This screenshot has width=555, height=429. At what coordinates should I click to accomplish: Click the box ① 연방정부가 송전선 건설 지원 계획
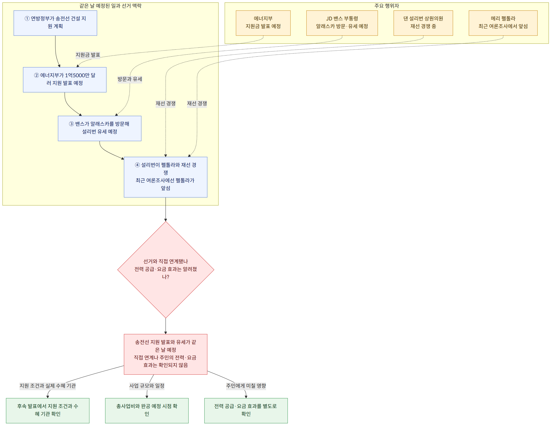coord(55,23)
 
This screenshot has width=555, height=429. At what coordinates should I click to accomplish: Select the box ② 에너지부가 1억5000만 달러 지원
coord(64,80)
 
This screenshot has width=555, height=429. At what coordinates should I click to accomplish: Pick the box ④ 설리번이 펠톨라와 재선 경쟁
coord(165,177)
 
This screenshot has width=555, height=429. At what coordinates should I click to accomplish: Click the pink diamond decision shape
coord(166,270)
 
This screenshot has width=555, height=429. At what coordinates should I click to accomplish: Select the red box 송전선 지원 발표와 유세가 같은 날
coord(165,354)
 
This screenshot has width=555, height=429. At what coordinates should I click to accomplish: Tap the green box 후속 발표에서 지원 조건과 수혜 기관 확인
coord(48,411)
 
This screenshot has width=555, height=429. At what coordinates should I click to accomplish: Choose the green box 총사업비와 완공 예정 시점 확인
coord(147,411)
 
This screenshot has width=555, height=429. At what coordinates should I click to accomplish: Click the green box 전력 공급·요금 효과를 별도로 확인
coord(246,411)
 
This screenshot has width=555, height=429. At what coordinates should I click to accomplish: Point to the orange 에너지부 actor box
coord(263,23)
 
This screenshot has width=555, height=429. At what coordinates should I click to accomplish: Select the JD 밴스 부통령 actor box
coord(342,23)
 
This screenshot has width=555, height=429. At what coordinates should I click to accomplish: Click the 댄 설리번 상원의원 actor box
coord(423,23)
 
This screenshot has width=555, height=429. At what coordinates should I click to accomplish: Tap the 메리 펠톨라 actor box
coord(503,23)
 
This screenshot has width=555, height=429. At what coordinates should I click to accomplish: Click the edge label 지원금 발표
coord(88,55)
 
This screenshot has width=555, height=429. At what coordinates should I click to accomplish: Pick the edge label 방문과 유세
coord(130,79)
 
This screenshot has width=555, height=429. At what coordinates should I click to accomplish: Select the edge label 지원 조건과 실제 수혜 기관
coord(48,386)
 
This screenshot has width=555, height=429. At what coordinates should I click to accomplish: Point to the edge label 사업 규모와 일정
coord(147,386)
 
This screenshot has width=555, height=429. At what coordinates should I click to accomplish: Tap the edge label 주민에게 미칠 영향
coord(246,386)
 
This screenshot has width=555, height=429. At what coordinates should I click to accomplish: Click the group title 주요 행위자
coord(386,6)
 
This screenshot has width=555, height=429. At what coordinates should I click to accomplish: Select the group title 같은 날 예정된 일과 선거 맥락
coord(111,6)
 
